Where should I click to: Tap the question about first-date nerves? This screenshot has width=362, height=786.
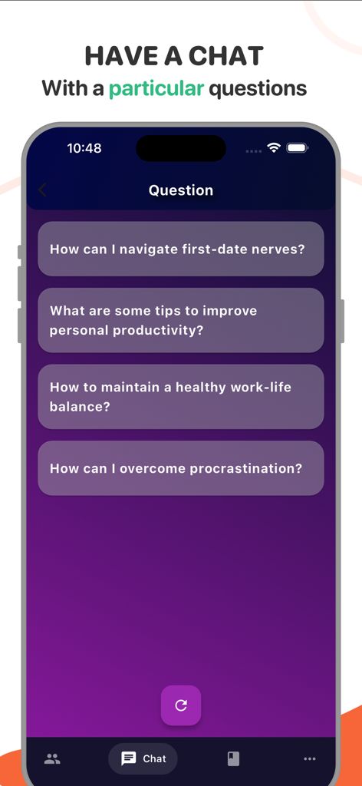(x=180, y=249)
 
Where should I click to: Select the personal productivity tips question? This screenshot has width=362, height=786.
(x=180, y=320)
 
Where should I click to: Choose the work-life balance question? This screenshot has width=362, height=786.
(x=180, y=396)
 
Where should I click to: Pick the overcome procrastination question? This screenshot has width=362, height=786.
(x=180, y=468)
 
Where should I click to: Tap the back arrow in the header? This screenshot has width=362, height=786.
(x=43, y=190)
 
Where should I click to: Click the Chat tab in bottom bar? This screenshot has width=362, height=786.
(x=143, y=758)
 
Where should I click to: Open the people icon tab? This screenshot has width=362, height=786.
(x=52, y=758)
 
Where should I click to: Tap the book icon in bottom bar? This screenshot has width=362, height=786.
(x=233, y=758)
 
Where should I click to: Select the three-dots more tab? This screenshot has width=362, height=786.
(x=309, y=758)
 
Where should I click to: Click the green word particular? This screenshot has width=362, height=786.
(x=156, y=88)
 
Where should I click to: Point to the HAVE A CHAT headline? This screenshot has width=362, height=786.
(x=174, y=56)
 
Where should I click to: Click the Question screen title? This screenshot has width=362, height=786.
(x=181, y=190)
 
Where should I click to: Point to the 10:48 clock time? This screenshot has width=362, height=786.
(x=84, y=148)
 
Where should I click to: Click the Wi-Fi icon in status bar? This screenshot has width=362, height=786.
(x=274, y=147)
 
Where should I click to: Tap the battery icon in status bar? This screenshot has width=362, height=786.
(x=297, y=147)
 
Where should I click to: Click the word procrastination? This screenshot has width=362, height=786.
(x=250, y=468)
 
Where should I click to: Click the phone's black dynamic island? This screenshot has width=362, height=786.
(x=181, y=148)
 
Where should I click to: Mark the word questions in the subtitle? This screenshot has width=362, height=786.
(x=258, y=88)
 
